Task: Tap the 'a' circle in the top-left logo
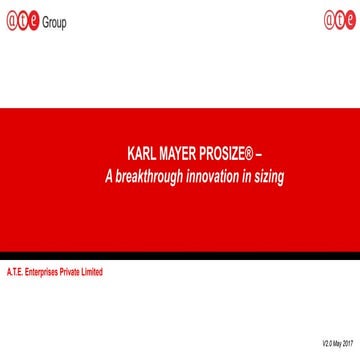click(x=10, y=21)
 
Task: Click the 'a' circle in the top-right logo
click(x=328, y=21)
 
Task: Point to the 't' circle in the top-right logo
click(x=339, y=21)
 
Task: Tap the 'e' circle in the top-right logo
click(x=350, y=21)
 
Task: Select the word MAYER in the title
click(x=179, y=157)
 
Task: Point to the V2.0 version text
click(x=327, y=344)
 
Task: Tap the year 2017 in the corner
click(x=348, y=344)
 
